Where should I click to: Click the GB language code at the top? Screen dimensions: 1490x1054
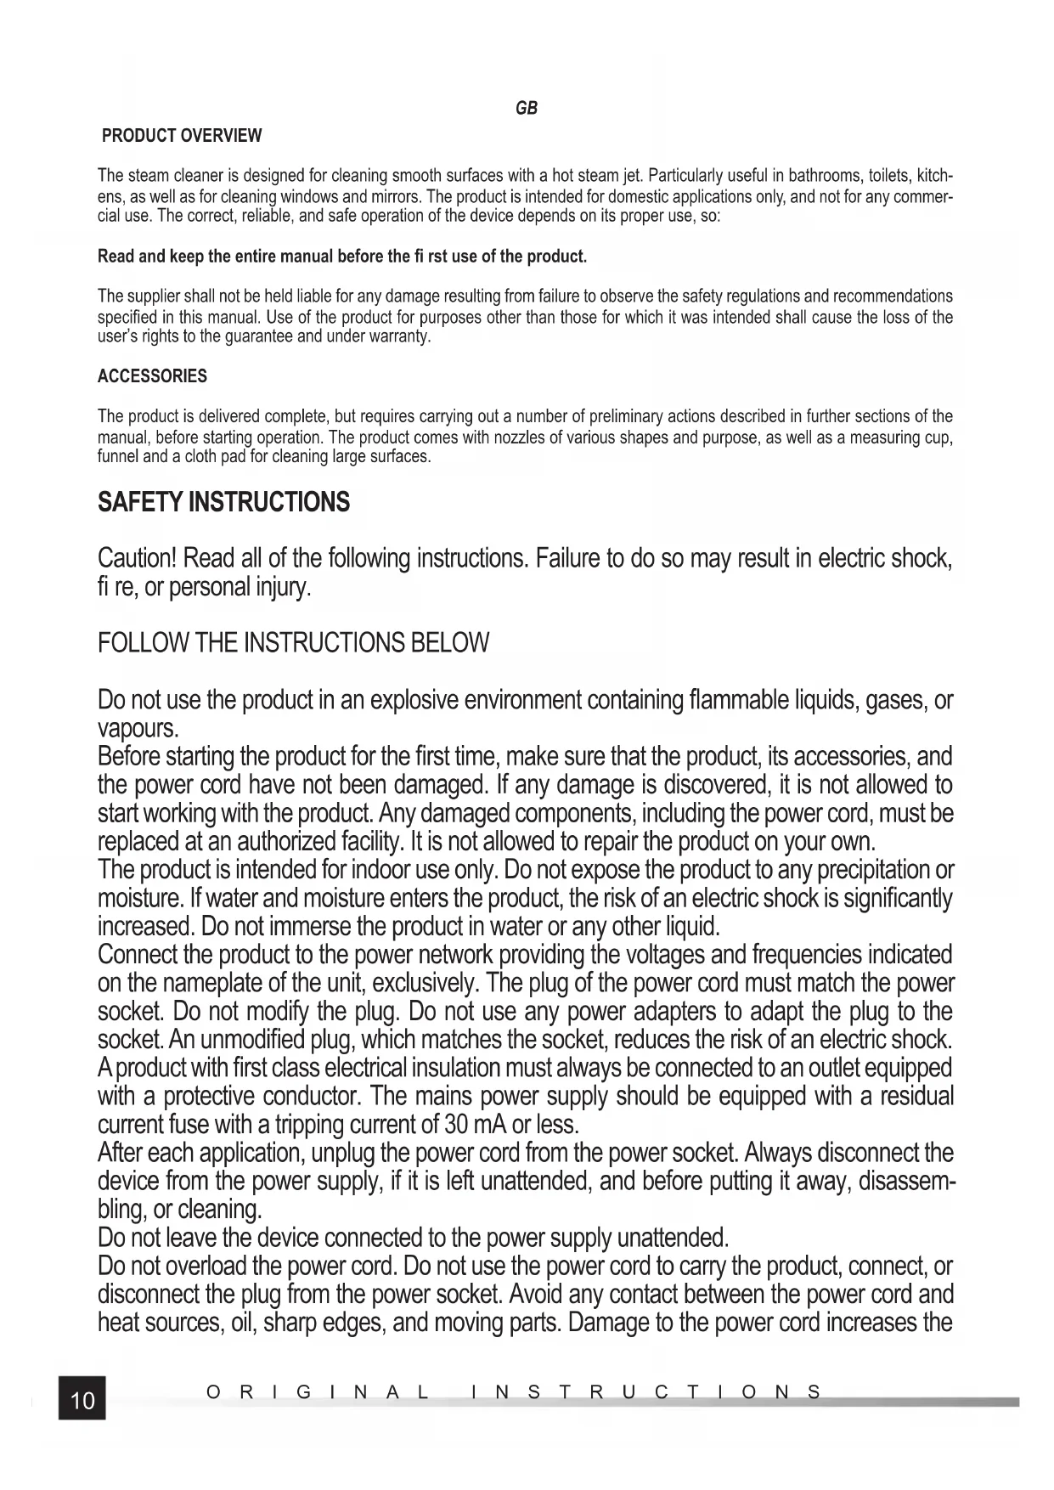(527, 108)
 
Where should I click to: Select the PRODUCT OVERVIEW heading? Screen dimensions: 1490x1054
(182, 136)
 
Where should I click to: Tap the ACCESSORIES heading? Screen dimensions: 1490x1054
(152, 375)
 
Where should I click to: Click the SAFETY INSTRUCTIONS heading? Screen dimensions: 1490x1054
(223, 502)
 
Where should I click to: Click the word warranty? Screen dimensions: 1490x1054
(403, 337)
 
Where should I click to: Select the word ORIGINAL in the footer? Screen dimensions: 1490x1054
(318, 1392)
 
